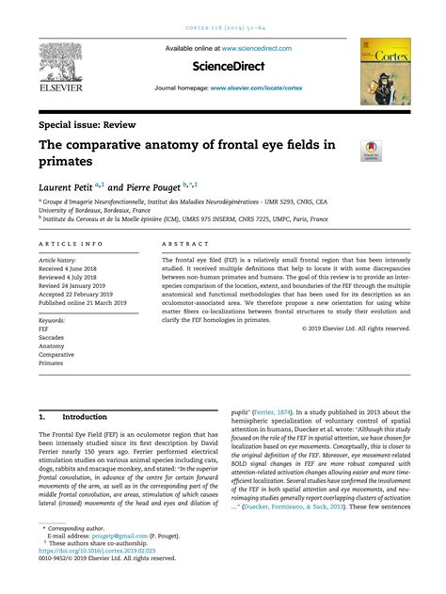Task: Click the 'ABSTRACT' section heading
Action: click(185, 244)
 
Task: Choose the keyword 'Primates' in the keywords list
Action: click(52, 362)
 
